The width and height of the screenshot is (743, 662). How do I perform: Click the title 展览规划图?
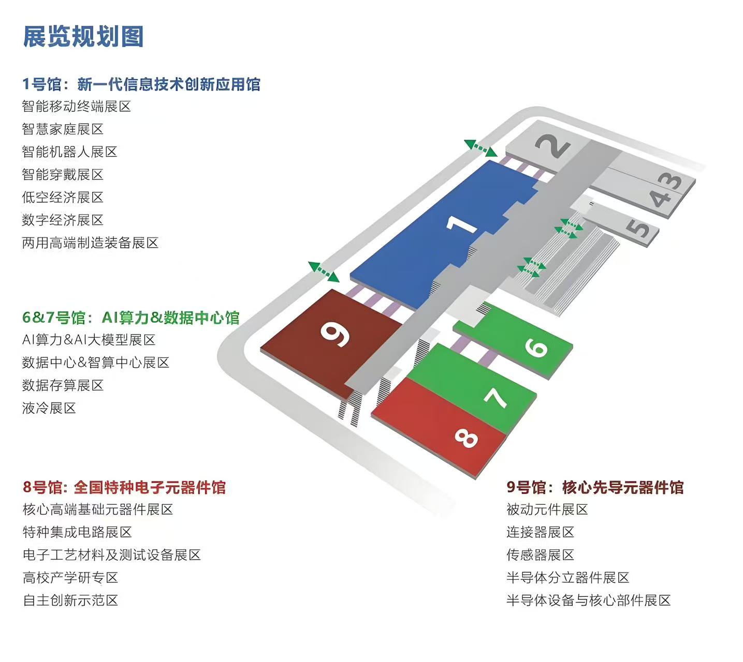(83, 37)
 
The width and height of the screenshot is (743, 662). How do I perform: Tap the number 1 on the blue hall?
(462, 224)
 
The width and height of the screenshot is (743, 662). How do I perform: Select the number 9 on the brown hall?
(335, 334)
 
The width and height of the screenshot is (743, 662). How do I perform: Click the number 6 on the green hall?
(536, 348)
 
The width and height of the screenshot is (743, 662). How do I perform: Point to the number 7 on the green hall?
(496, 397)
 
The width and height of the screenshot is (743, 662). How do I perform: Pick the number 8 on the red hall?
(466, 439)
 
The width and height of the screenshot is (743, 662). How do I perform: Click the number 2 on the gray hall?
(553, 146)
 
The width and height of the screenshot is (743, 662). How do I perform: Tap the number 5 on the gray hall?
(640, 228)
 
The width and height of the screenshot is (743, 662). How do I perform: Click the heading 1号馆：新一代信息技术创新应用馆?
(141, 84)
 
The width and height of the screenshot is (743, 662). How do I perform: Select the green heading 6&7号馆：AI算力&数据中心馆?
(130, 318)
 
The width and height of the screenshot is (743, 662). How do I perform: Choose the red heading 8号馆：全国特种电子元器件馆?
(124, 487)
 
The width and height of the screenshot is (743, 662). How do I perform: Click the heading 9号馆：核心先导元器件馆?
(595, 487)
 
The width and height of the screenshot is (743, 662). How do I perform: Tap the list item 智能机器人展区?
(69, 152)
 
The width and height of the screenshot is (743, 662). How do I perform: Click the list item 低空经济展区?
(63, 197)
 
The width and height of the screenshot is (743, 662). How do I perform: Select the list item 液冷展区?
(49, 408)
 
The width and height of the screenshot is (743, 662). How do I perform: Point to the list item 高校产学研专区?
(70, 577)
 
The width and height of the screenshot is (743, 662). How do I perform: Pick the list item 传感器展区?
(540, 555)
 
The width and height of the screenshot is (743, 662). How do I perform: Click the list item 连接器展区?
(540, 532)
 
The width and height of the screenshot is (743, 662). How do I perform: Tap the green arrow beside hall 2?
(480, 148)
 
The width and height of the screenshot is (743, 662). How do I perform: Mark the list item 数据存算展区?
(63, 385)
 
